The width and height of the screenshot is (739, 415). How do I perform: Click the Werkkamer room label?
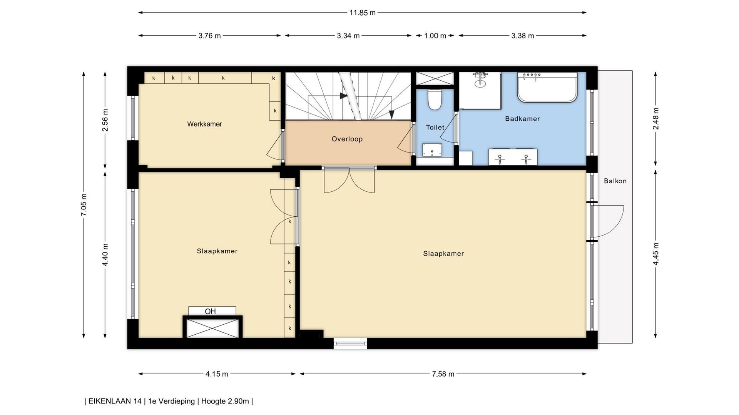point(204,124)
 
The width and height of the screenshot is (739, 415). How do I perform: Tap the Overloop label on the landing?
point(347,139)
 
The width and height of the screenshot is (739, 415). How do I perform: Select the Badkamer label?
point(522,119)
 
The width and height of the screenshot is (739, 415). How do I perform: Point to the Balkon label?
point(615,181)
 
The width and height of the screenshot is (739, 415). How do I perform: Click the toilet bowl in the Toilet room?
point(435,100)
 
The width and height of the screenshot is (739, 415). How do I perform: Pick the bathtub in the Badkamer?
point(547,87)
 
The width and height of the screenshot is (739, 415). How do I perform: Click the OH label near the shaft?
point(210,311)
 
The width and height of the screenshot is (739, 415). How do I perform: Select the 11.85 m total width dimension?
point(362,13)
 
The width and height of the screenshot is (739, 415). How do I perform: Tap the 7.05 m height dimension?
point(84,204)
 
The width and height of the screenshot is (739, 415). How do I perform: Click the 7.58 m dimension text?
point(443,374)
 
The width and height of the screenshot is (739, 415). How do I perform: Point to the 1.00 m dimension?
point(435,36)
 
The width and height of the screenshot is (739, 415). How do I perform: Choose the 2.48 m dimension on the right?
point(656,118)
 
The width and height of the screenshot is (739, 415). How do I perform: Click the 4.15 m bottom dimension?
point(217,374)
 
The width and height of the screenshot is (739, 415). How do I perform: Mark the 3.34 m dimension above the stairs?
point(348,36)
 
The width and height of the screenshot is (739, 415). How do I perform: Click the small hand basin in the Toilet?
point(432,150)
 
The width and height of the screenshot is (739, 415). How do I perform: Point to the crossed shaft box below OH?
point(212,328)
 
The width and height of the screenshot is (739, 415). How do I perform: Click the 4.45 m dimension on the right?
point(656,254)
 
